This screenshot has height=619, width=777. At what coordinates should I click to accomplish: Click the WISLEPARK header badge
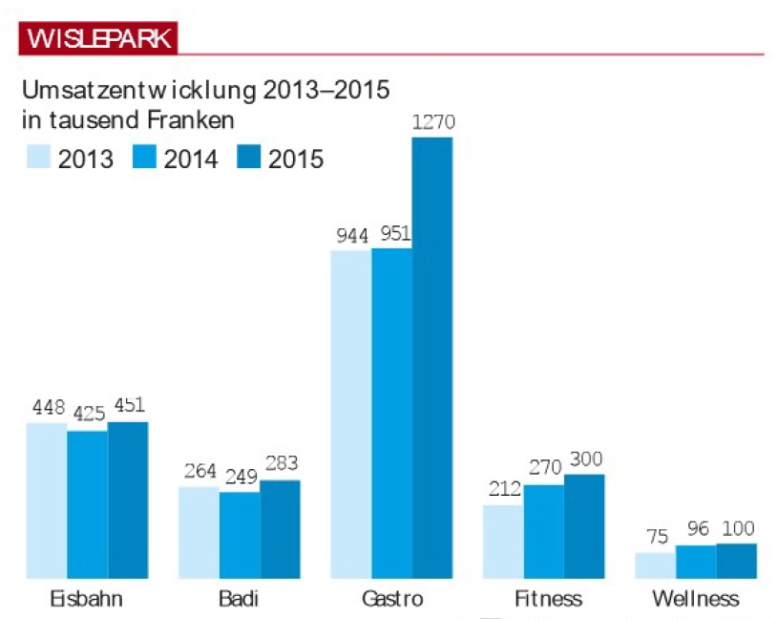[98, 39]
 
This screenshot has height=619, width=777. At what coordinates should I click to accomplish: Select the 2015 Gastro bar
[432, 358]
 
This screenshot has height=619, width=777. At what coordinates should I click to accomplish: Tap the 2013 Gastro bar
[350, 415]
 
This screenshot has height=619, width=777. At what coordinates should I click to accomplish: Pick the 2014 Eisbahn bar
[87, 504]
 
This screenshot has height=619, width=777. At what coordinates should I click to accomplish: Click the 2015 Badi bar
[280, 529]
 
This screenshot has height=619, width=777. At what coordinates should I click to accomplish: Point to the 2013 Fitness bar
[503, 542]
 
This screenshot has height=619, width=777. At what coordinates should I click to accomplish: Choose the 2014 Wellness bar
[696, 562]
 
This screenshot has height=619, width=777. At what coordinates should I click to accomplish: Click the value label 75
[656, 537]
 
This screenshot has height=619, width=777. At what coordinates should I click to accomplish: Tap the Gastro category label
[392, 600]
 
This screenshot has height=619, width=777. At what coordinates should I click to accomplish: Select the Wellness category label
[695, 600]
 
